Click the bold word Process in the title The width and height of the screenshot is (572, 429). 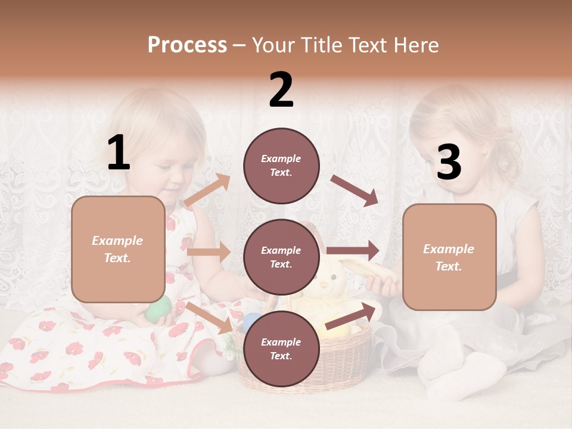click(x=187, y=45)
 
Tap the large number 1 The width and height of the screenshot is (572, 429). click(x=119, y=153)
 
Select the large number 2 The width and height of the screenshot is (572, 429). click(x=281, y=90)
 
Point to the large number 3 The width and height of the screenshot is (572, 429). click(x=449, y=162)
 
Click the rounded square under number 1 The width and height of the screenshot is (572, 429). click(x=118, y=249)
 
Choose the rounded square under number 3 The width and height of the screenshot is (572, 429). click(x=449, y=257)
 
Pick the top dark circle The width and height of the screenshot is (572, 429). click(x=281, y=166)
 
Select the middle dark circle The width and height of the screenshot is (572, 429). click(x=281, y=257)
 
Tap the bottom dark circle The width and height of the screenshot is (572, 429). click(x=281, y=349)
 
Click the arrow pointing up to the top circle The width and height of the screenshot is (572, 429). click(x=208, y=190)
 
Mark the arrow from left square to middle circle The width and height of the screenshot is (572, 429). click(x=209, y=251)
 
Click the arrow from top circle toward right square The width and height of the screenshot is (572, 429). click(x=355, y=190)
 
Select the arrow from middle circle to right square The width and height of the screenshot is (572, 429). click(x=353, y=250)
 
